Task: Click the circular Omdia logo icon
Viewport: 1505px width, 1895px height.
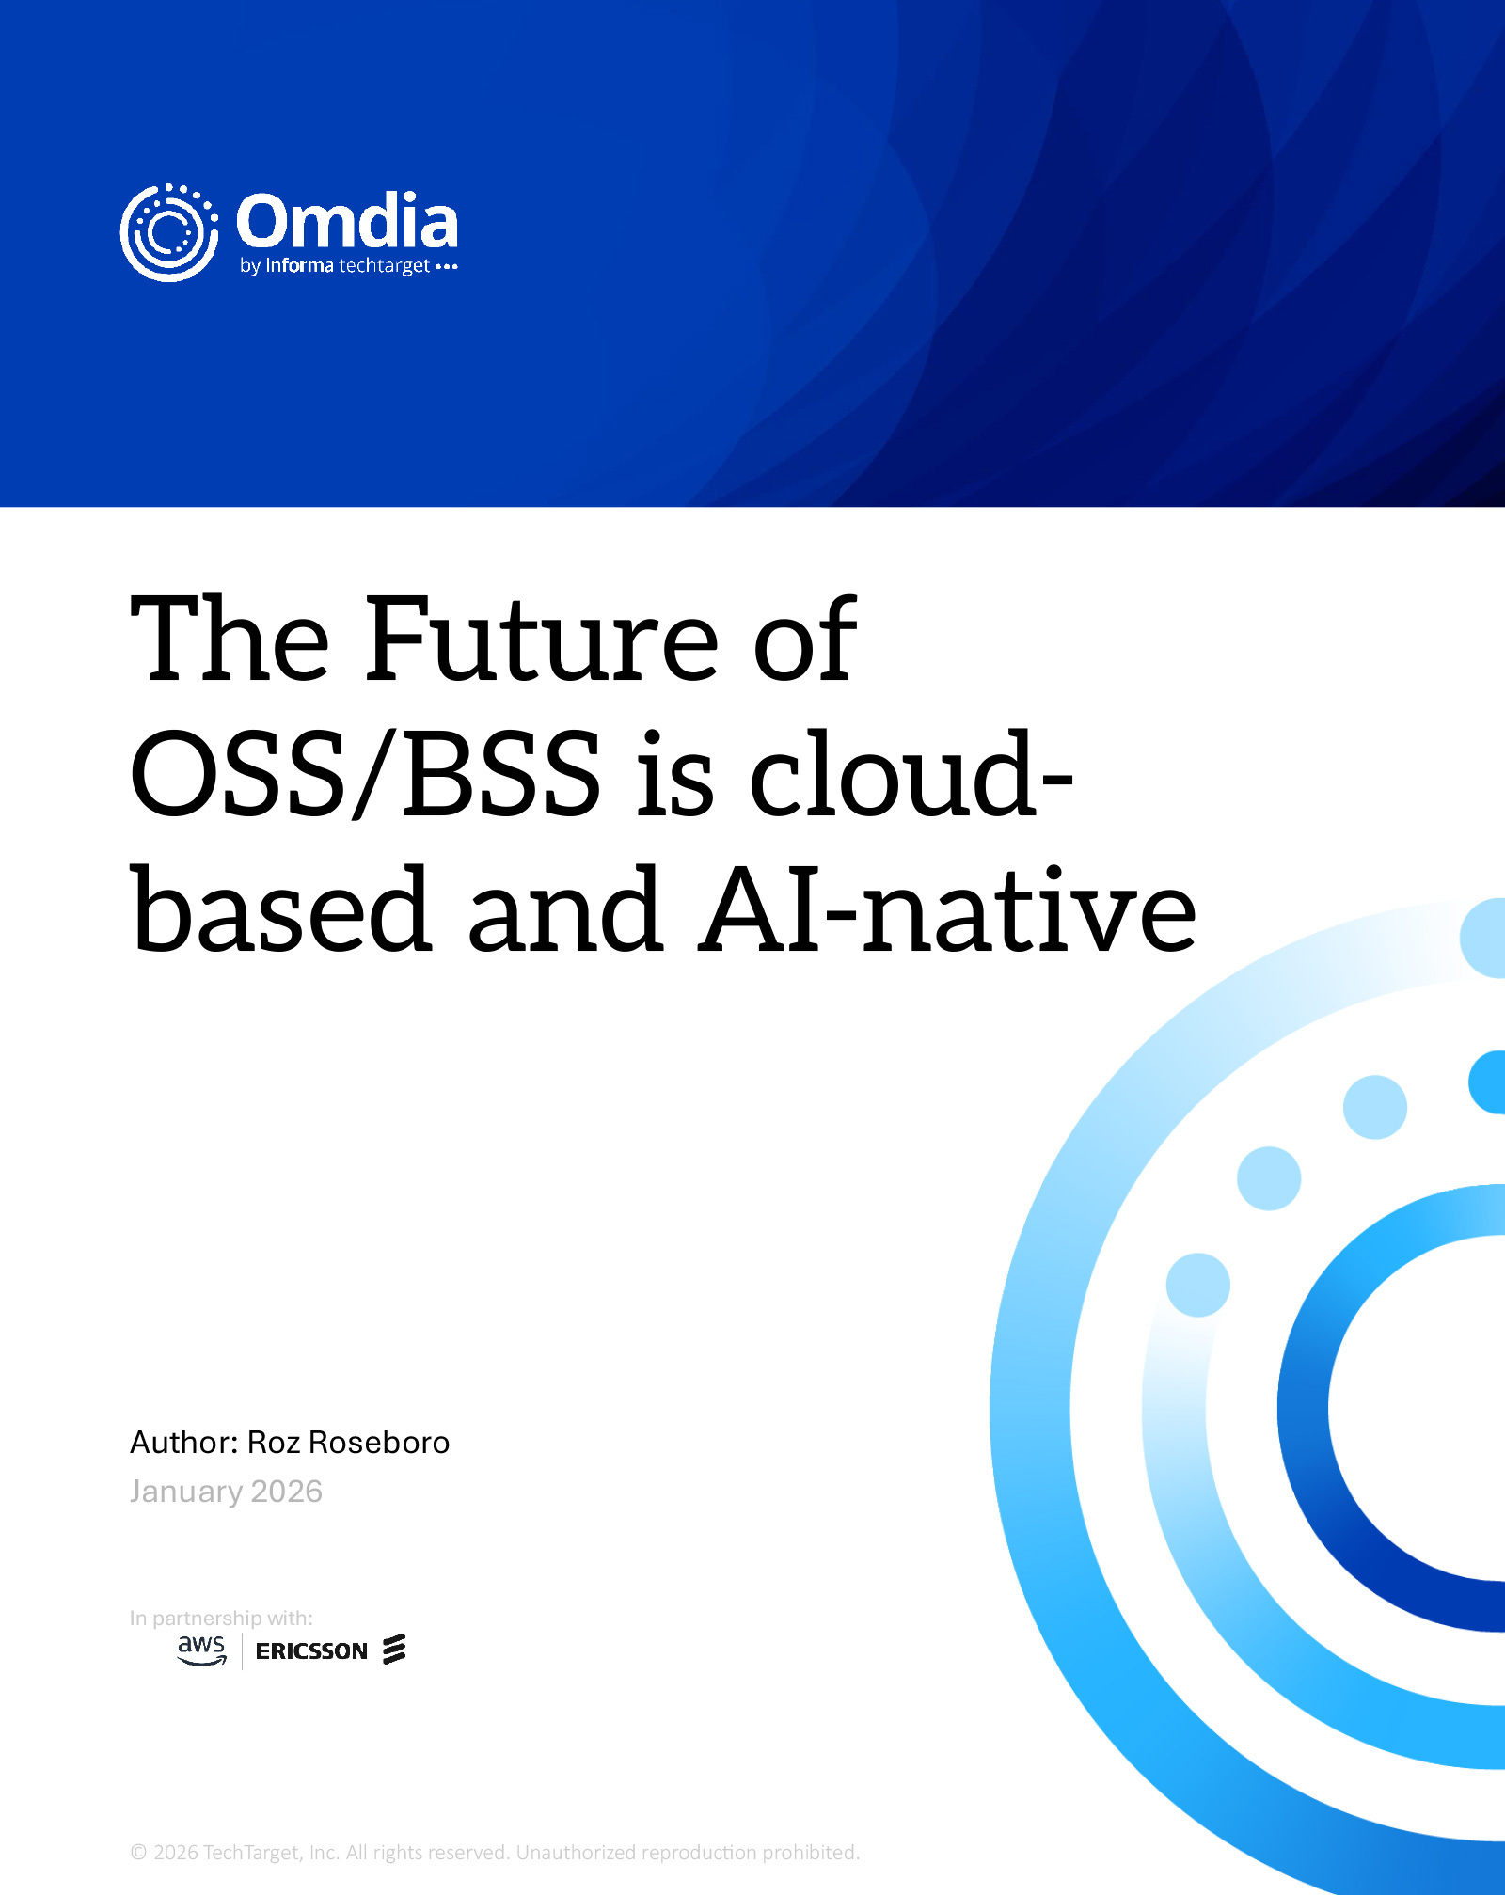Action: point(169,232)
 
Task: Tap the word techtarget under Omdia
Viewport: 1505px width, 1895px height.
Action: point(384,266)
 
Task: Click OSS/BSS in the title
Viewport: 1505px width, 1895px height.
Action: point(366,773)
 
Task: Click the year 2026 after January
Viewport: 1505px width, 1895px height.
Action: point(287,1492)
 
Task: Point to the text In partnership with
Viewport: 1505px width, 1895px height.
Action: point(221,1619)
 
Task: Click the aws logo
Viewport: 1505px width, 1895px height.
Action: point(202,1650)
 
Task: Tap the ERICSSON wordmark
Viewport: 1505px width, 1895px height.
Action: point(311,1651)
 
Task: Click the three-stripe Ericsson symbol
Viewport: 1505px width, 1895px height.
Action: point(394,1650)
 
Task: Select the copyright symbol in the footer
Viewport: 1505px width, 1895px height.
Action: point(138,1853)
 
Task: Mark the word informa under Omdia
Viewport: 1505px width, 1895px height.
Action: point(300,265)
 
